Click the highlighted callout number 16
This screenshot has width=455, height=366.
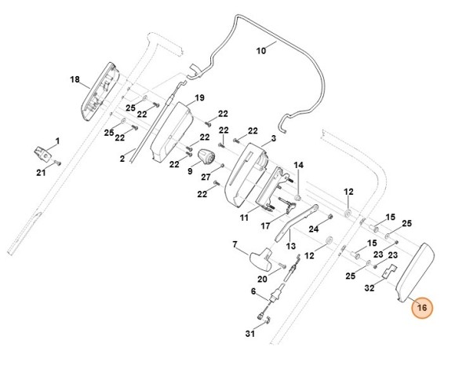point(422,308)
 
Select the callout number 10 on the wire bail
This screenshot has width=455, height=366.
point(262,50)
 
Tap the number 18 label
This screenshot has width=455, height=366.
point(75,79)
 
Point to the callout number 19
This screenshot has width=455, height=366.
point(199,97)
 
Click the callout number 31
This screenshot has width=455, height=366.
point(250,335)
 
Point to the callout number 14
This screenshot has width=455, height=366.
point(298,165)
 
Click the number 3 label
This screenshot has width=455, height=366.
point(273,138)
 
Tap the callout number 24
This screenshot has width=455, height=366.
point(314,229)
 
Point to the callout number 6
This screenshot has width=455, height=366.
point(253,291)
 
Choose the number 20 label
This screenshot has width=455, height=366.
point(262,279)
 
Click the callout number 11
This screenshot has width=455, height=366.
point(244,217)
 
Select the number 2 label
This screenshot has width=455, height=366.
point(122,159)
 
